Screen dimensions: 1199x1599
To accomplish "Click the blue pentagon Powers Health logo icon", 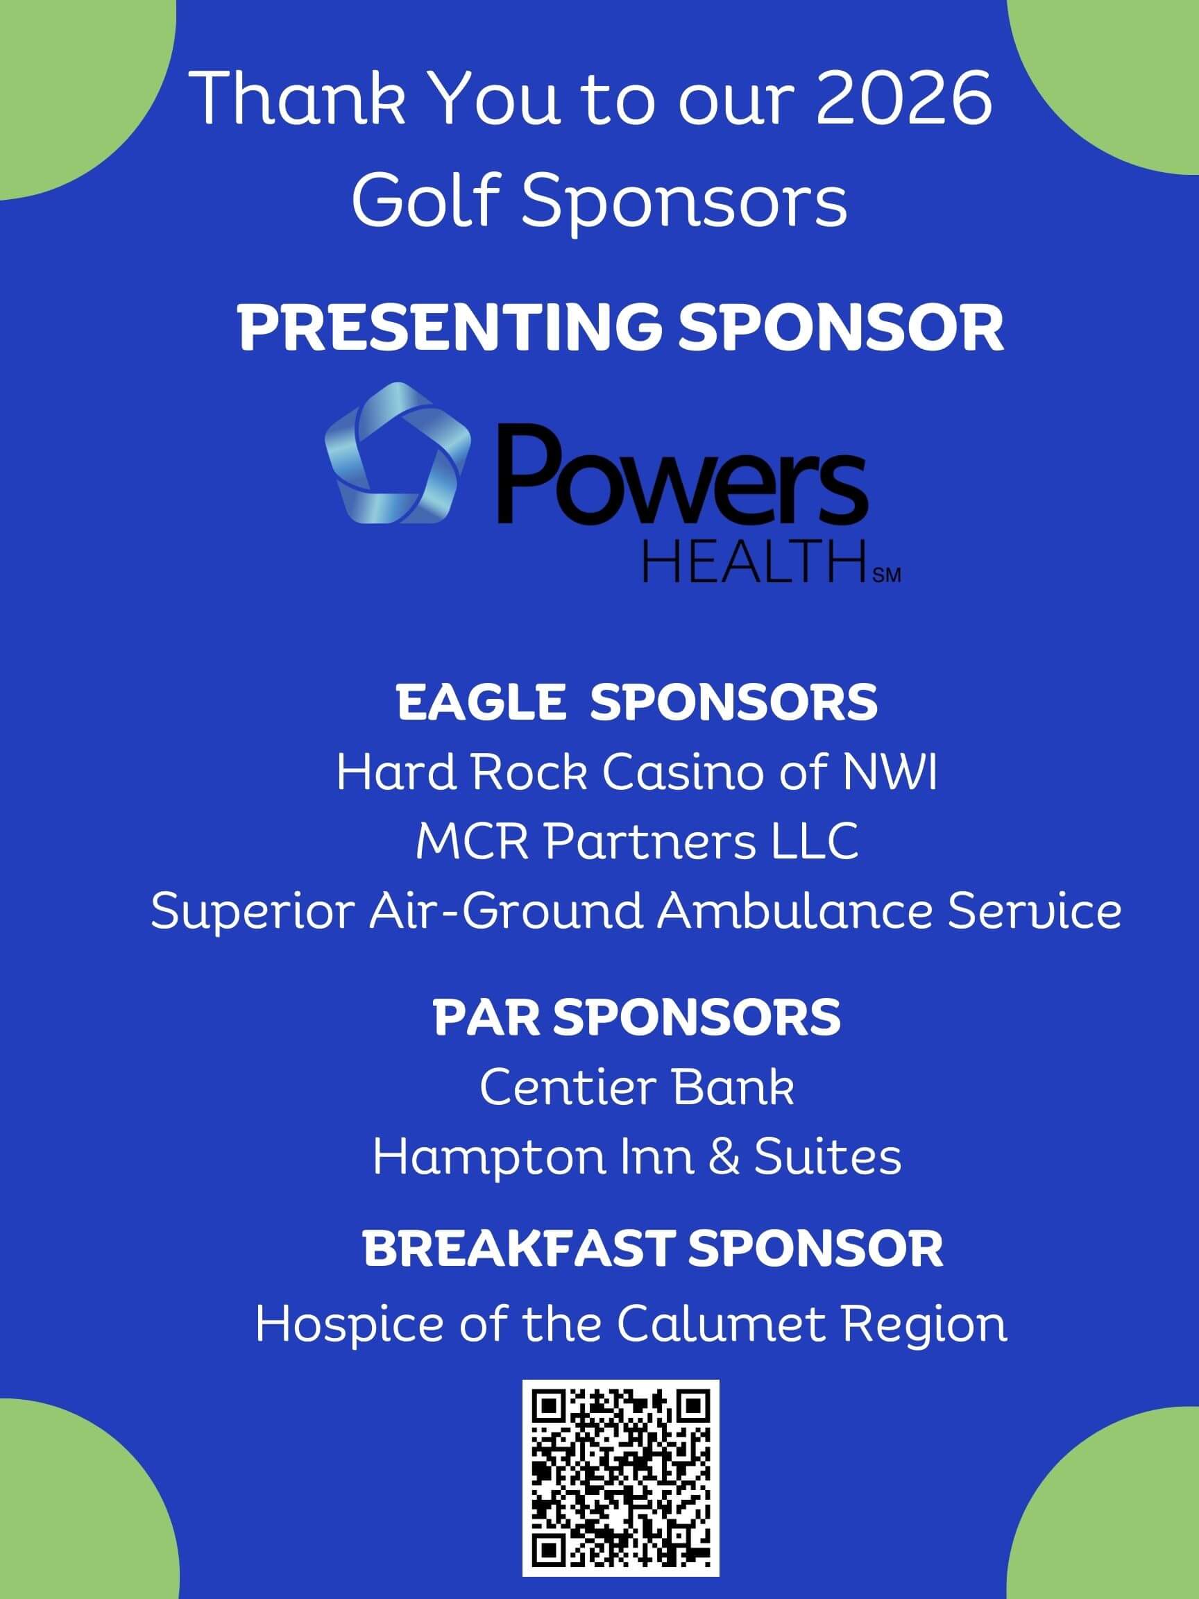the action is [398, 452].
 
